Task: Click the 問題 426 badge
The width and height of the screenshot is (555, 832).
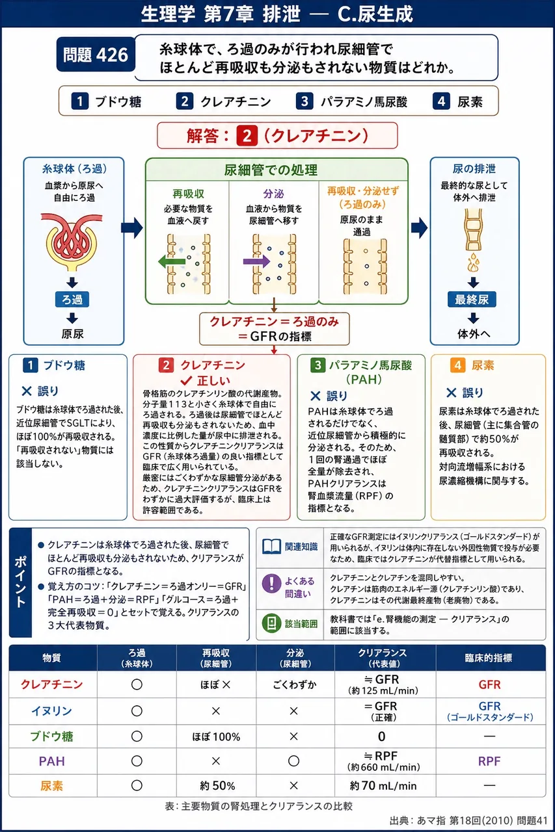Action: pos(96,55)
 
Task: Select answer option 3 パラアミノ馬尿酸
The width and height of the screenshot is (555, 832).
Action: pos(351,101)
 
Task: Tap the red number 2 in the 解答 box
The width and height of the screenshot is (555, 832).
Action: pos(247,136)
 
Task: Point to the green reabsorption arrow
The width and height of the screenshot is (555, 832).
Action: pos(172,261)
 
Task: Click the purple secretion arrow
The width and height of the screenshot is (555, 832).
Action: pos(256,261)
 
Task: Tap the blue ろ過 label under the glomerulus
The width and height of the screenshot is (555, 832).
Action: pos(72,299)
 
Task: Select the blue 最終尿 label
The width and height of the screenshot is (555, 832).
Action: pos(472,300)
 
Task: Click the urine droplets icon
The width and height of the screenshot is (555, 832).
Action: pos(473,263)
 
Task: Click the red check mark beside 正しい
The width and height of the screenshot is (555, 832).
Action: pos(186,380)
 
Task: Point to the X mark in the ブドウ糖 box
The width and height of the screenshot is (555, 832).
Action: pos(27,391)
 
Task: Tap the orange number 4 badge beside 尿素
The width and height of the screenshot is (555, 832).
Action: pos(457,365)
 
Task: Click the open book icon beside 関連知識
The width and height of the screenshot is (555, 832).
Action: pos(272,547)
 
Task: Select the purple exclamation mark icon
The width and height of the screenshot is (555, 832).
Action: pos(272,583)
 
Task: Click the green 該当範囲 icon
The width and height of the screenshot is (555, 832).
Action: pos(272,623)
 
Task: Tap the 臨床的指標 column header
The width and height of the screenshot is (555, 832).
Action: pos(489,658)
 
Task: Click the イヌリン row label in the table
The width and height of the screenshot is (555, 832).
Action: pos(51,710)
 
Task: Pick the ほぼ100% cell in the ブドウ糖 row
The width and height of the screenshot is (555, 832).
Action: pos(216,736)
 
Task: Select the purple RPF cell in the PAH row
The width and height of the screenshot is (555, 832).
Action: pos(489,761)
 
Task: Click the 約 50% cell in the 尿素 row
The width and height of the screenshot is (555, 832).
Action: pos(217,786)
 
